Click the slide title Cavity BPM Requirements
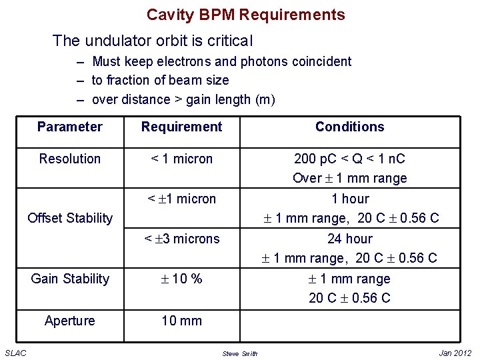[x=246, y=15]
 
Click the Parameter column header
[x=70, y=127]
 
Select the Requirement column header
[x=182, y=127]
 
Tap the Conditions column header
[x=350, y=127]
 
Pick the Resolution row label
[x=70, y=159]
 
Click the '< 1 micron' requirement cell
[x=182, y=159]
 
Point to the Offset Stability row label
[x=70, y=218]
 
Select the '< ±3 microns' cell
[x=182, y=239]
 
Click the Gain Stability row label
[x=70, y=279]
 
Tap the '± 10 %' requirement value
[x=182, y=279]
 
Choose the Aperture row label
[x=70, y=321]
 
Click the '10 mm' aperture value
[x=182, y=321]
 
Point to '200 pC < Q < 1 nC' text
[x=350, y=159]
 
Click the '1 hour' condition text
[x=350, y=199]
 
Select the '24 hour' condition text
[x=350, y=239]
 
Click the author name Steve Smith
[x=240, y=353]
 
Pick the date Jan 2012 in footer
[x=455, y=353]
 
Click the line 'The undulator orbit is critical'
[x=153, y=41]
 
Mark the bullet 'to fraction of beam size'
[x=160, y=80]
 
